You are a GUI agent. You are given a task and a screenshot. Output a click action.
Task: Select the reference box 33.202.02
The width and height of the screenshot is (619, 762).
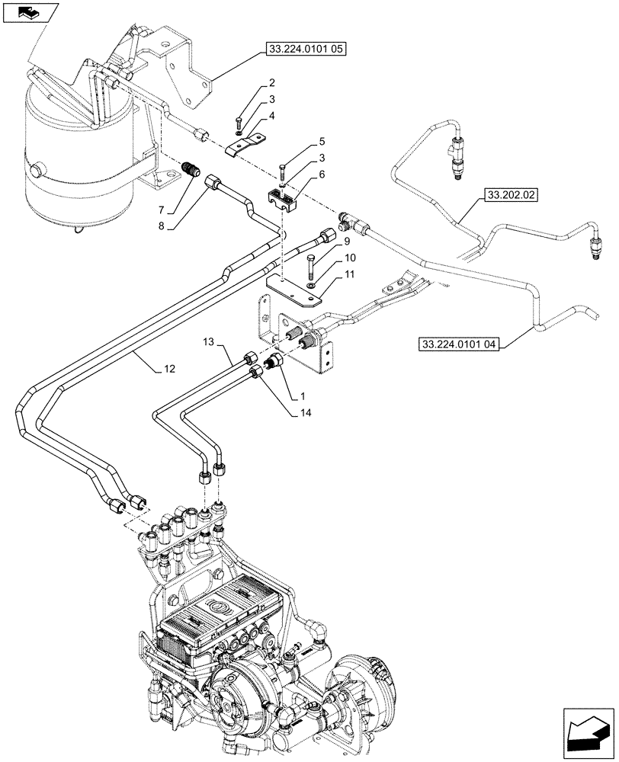[509, 196]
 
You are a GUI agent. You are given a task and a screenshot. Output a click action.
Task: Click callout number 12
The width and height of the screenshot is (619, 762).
[168, 370]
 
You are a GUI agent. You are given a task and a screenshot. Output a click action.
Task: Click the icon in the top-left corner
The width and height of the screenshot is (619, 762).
[30, 12]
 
